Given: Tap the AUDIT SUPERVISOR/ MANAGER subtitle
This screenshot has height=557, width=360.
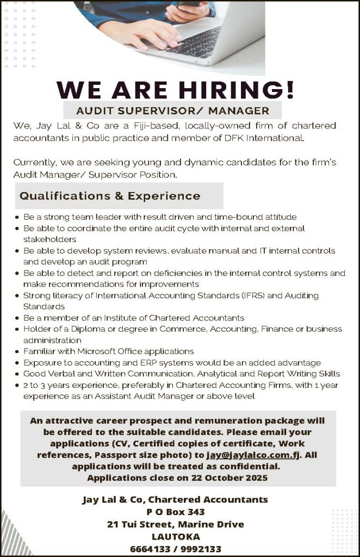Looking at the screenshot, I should point(172,111).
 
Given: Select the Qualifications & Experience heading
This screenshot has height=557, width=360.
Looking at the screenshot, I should point(110,196).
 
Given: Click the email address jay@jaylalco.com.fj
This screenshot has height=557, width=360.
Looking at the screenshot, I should point(253,454).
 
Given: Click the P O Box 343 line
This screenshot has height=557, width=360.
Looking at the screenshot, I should point(175,512).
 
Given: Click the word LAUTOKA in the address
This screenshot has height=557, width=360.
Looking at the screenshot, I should point(175,536).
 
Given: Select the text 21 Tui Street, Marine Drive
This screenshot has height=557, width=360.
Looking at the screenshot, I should point(175,524).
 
